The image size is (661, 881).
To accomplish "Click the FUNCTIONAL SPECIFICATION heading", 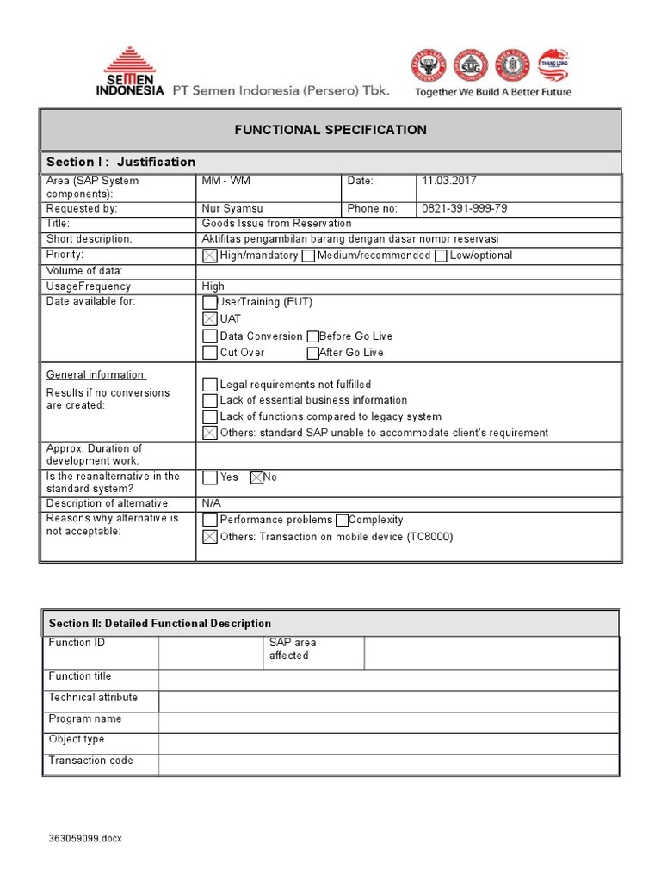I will tap(331, 130).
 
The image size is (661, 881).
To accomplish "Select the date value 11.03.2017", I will tap(448, 181).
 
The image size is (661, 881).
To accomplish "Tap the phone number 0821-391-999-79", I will tap(464, 208).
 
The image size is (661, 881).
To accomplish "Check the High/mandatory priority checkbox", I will tap(209, 256).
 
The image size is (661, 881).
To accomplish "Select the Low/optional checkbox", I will tap(441, 256).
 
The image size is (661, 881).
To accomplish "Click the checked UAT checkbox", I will tap(209, 319).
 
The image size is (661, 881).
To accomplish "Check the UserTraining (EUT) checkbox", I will tap(209, 303).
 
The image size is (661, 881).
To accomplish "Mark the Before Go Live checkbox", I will tap(312, 336).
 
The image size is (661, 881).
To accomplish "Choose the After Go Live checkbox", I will tap(312, 353).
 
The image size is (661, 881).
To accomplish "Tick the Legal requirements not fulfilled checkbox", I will tap(209, 385).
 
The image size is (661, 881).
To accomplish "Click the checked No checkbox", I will tap(256, 477).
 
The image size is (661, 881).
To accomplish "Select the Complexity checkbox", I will tap(342, 520).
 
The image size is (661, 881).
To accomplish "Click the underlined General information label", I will tap(96, 375).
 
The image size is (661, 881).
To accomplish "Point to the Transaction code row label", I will tap(91, 761).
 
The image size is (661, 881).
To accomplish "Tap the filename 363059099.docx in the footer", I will tap(85, 839).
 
